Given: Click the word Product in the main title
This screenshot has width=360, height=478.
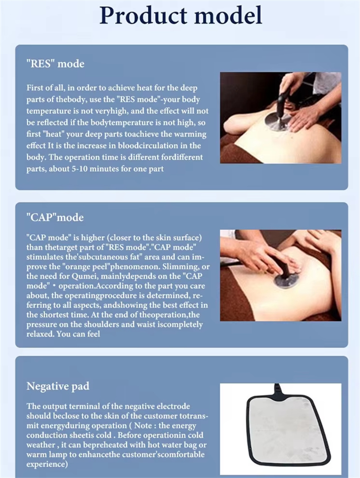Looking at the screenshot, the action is pos(143,15).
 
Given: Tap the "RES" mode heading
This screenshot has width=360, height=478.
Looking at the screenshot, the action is pos(55,64).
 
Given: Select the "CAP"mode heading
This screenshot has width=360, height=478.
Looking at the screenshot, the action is pos(55,217).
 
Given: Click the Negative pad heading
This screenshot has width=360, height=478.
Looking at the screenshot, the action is pos(58,386).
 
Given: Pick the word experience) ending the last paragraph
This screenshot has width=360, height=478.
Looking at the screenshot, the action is pos(47,464).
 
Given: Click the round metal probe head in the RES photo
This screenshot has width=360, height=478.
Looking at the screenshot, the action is pos(276,121).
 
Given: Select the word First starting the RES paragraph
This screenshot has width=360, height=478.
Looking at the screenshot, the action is pos(34,88).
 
